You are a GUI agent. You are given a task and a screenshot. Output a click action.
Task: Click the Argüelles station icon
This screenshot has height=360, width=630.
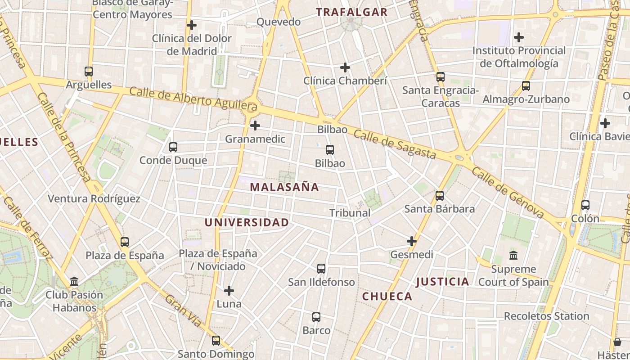[x=89, y=71]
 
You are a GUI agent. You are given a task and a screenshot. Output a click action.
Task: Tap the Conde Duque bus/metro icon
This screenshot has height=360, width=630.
[x=173, y=147]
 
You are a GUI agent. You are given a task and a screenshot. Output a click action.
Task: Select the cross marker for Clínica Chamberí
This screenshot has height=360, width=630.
[x=345, y=67]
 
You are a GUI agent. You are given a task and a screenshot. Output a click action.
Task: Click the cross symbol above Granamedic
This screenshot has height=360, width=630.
[x=255, y=125]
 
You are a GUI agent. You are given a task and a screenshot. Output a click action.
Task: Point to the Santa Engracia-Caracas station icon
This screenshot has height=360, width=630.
[x=441, y=77]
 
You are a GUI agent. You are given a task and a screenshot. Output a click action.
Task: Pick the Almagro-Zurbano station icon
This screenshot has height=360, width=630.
[x=526, y=85]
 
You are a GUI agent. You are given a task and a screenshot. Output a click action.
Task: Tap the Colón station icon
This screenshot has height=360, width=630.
[x=585, y=205]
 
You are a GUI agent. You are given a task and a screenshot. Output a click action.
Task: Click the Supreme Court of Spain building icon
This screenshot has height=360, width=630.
[x=513, y=256]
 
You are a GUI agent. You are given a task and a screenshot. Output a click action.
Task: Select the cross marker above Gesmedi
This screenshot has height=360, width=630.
[x=412, y=241]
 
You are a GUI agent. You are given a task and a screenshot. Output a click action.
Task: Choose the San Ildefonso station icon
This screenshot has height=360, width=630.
[x=321, y=269]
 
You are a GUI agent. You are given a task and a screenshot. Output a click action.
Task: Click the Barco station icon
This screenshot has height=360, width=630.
[x=316, y=317]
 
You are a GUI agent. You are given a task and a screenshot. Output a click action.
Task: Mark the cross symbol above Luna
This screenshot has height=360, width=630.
[x=229, y=291]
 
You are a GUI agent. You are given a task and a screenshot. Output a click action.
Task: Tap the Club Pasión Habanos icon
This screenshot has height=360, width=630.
[x=74, y=282]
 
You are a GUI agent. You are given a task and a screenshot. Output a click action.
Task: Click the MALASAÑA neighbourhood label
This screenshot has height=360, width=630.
[x=284, y=187]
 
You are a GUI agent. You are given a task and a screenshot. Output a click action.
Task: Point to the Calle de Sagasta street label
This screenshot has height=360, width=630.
[x=394, y=144]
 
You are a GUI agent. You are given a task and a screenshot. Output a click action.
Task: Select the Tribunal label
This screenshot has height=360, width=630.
[x=350, y=213]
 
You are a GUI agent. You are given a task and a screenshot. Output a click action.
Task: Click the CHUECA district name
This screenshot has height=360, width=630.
[x=387, y=296]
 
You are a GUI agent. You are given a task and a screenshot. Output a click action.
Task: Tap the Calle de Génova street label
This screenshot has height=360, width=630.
[x=508, y=193]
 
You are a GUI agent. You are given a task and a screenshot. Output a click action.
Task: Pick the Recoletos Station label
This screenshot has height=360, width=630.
[x=546, y=316]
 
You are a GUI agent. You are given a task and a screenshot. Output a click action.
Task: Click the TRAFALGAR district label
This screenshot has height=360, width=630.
[x=351, y=12]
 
